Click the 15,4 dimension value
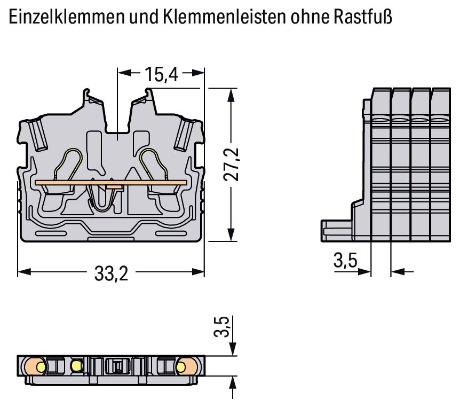(x=161, y=75)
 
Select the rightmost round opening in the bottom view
(x=181, y=366)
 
